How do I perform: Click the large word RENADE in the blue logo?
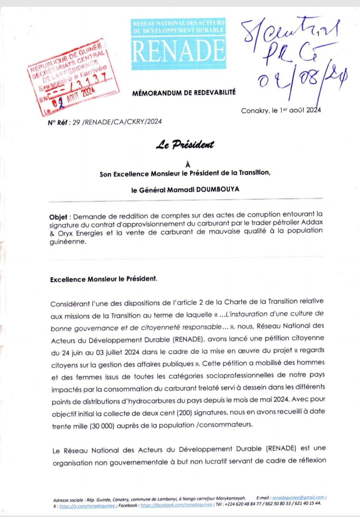pyautogui.click(x=178, y=51)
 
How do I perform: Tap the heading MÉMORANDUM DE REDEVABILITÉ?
pyautogui.click(x=184, y=93)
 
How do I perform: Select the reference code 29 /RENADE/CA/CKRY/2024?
pyautogui.click(x=117, y=122)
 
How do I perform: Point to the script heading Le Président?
pyautogui.click(x=185, y=145)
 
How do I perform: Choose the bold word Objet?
pyautogui.click(x=58, y=217)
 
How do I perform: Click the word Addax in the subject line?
pyautogui.click(x=312, y=222)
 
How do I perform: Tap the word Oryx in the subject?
pyautogui.click(x=66, y=233)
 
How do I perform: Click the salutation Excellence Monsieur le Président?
pyautogui.click(x=103, y=279)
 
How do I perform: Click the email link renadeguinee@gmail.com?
pyautogui.click(x=298, y=497)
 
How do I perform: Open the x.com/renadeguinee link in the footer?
pyautogui.click(x=87, y=506)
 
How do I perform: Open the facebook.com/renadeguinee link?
pyautogui.click(x=176, y=505)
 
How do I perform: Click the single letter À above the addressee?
pyautogui.click(x=188, y=165)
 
